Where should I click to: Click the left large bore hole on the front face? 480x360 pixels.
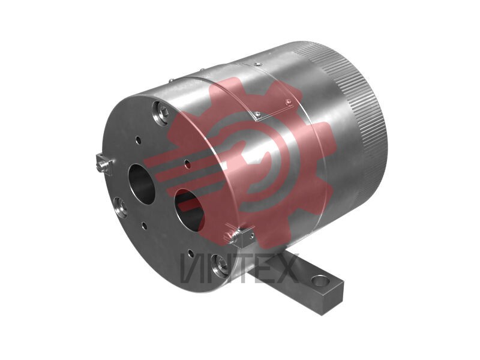click(x=141, y=184)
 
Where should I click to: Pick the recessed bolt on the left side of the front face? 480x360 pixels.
click(x=121, y=207)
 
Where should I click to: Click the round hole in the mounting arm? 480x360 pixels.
click(x=320, y=280)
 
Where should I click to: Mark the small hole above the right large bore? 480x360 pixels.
click(x=188, y=164)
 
